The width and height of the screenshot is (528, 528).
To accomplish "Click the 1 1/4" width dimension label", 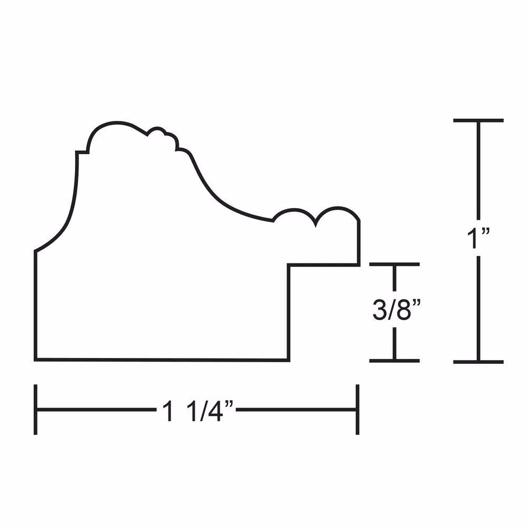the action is click(197, 410).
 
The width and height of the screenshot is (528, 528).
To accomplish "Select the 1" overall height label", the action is click(478, 238).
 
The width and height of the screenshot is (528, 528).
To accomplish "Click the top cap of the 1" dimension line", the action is click(478, 120).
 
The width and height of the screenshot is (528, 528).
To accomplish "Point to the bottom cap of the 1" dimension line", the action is click(478, 362).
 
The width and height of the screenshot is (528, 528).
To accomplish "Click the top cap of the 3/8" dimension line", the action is click(394, 265).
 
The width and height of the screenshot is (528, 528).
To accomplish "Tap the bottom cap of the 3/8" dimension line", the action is click(394, 361).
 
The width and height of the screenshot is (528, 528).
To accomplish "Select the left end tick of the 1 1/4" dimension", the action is click(35, 410).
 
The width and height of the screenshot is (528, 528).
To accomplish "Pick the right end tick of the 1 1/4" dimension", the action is click(357, 410).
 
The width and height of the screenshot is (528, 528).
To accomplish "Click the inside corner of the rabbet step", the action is click(289, 265).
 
